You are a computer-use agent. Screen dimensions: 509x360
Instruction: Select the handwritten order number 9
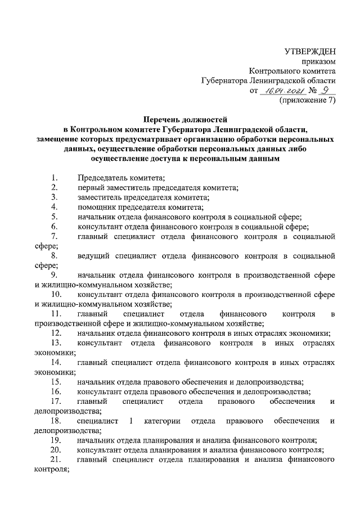pyautogui.click(x=325, y=91)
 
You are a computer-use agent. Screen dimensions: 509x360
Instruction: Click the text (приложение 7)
pyautogui.click(x=307, y=101)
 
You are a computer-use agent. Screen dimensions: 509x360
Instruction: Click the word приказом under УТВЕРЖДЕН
pyautogui.click(x=320, y=62)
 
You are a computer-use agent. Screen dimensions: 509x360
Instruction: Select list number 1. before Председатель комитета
pyautogui.click(x=54, y=178)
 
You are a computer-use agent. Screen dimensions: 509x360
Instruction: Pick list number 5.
pyautogui.click(x=54, y=217)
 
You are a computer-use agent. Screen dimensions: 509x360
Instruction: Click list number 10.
pyautogui.click(x=56, y=294)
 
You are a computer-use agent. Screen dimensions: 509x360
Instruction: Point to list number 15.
pyautogui.click(x=56, y=381)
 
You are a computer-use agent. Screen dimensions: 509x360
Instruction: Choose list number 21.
pyautogui.click(x=56, y=459)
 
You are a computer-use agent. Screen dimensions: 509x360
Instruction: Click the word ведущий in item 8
pyautogui.click(x=94, y=256)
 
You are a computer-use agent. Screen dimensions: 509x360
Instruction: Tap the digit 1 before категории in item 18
pyautogui.click(x=131, y=420)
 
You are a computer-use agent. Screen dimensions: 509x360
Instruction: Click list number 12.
pyautogui.click(x=56, y=333)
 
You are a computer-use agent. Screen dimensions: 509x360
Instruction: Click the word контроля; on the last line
pyautogui.click(x=51, y=469)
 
